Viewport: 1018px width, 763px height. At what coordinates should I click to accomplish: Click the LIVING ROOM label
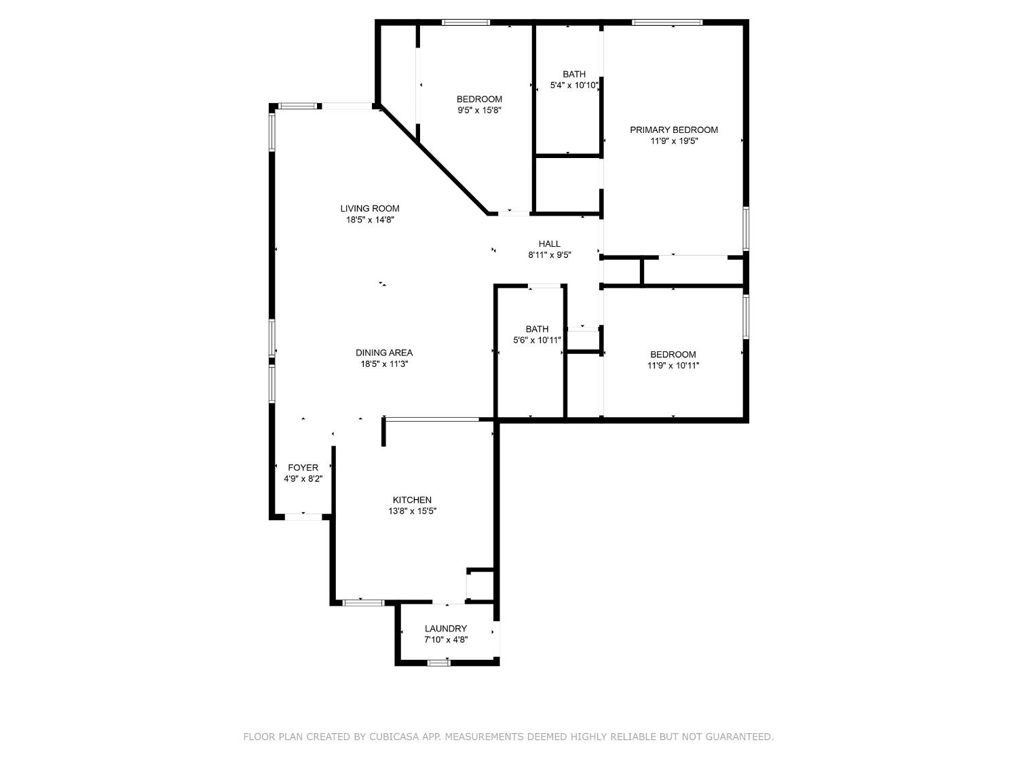(x=370, y=208)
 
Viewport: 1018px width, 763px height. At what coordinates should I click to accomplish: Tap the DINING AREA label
(x=384, y=353)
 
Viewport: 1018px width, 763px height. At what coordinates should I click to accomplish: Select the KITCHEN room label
(x=412, y=500)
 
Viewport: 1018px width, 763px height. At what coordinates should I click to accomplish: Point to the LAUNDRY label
(x=446, y=629)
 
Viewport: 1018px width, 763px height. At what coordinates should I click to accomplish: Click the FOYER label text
(x=303, y=467)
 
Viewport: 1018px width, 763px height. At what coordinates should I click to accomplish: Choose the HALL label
(x=550, y=244)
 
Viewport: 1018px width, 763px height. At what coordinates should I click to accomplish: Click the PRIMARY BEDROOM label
(x=674, y=130)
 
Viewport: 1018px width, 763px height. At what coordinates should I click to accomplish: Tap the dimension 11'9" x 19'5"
(x=674, y=141)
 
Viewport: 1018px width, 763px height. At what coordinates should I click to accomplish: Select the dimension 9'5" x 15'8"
(x=479, y=110)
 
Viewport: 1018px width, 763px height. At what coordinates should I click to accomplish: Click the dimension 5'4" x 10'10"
(x=574, y=85)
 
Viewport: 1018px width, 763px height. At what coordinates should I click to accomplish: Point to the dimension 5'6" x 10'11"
(x=537, y=340)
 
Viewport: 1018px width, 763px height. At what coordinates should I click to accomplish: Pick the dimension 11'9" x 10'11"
(x=673, y=366)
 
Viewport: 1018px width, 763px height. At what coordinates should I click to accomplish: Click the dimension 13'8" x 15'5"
(x=412, y=511)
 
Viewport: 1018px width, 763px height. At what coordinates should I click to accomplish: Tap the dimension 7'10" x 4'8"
(x=446, y=640)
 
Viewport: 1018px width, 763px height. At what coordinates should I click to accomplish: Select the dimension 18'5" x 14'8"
(x=370, y=220)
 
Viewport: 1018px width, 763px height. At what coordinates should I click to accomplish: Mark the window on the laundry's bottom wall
(x=439, y=663)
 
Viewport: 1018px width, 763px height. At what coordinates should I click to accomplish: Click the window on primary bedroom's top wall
(x=667, y=22)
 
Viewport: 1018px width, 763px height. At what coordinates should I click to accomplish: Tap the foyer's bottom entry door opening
(x=303, y=517)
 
